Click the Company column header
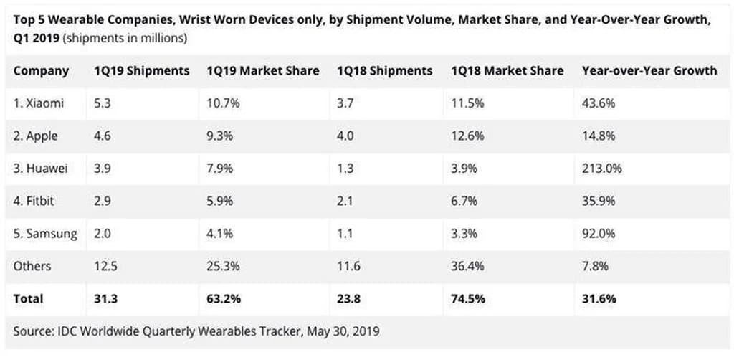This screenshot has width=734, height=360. point(41,71)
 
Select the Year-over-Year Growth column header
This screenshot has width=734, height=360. point(649,71)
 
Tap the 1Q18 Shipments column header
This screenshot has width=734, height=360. point(385,71)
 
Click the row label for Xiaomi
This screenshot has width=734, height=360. point(39,103)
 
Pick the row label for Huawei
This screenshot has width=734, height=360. point(41,169)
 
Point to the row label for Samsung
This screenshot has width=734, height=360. point(45,234)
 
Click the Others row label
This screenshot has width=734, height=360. point(32,266)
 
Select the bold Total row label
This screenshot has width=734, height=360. point(29,299)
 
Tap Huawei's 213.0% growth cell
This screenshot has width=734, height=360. point(601,169)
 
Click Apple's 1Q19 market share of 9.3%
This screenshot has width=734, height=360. point(219,136)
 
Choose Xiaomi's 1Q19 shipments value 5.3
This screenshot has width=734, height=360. point(103,103)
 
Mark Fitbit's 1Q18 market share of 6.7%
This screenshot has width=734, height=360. point(464,202)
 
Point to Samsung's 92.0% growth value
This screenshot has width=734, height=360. point(599,234)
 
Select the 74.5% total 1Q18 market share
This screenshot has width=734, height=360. point(468,299)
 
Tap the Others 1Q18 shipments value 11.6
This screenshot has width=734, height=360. point(351,266)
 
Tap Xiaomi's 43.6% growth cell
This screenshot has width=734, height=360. point(599,103)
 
